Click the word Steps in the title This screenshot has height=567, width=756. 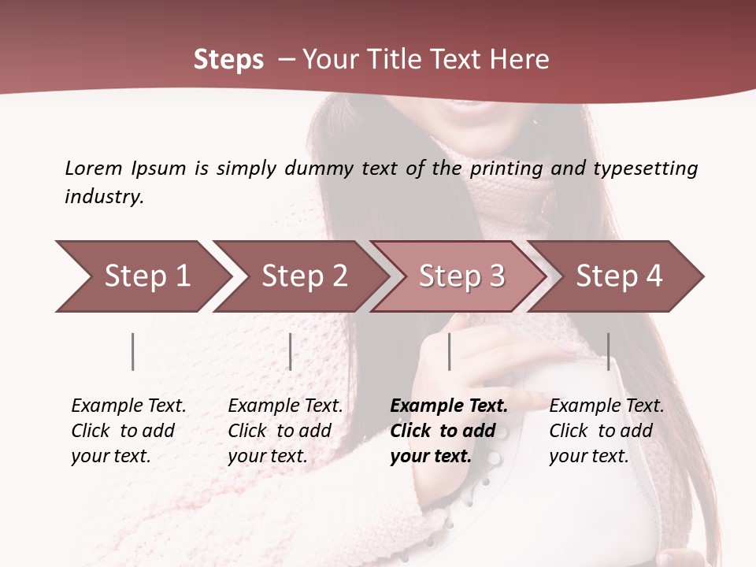coord(228,60)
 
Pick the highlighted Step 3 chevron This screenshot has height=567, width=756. coord(461,276)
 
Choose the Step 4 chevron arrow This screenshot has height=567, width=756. coord(618,276)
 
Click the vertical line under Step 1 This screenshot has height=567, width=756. coord(133,351)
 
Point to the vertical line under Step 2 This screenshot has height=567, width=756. coord(291,351)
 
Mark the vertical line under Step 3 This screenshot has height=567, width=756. coord(449,351)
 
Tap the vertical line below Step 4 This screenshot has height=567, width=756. coord(608,351)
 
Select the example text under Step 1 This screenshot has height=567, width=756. coord(128,431)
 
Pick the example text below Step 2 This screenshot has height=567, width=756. coord(284,431)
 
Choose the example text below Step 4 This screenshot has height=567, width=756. coord(606,431)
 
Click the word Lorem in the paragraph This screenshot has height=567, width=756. coord(93,168)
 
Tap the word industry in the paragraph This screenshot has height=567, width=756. coord(104,196)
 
